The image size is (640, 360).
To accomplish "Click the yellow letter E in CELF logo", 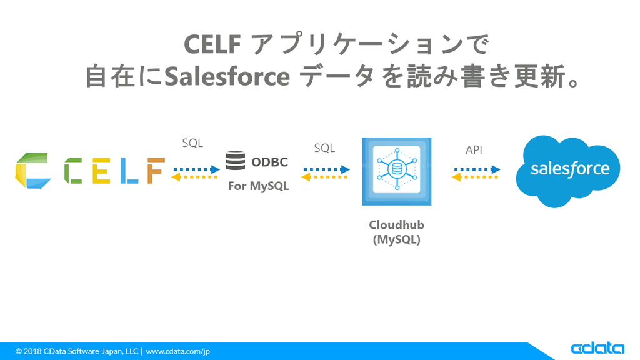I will click(101, 170).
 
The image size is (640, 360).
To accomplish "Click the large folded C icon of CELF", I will click(32, 170).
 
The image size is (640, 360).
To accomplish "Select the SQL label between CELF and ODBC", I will click(192, 143).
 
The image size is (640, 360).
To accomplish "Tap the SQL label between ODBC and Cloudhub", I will click(324, 148).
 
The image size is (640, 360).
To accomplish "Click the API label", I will click(474, 150).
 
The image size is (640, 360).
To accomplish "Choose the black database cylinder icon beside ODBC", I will click(236, 161).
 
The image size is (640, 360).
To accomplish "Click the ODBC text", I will click(269, 162).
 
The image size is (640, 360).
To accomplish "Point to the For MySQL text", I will click(258, 186).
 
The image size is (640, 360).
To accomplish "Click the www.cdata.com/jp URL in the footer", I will click(178, 351).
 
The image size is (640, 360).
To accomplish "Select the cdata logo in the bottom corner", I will click(597, 348).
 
